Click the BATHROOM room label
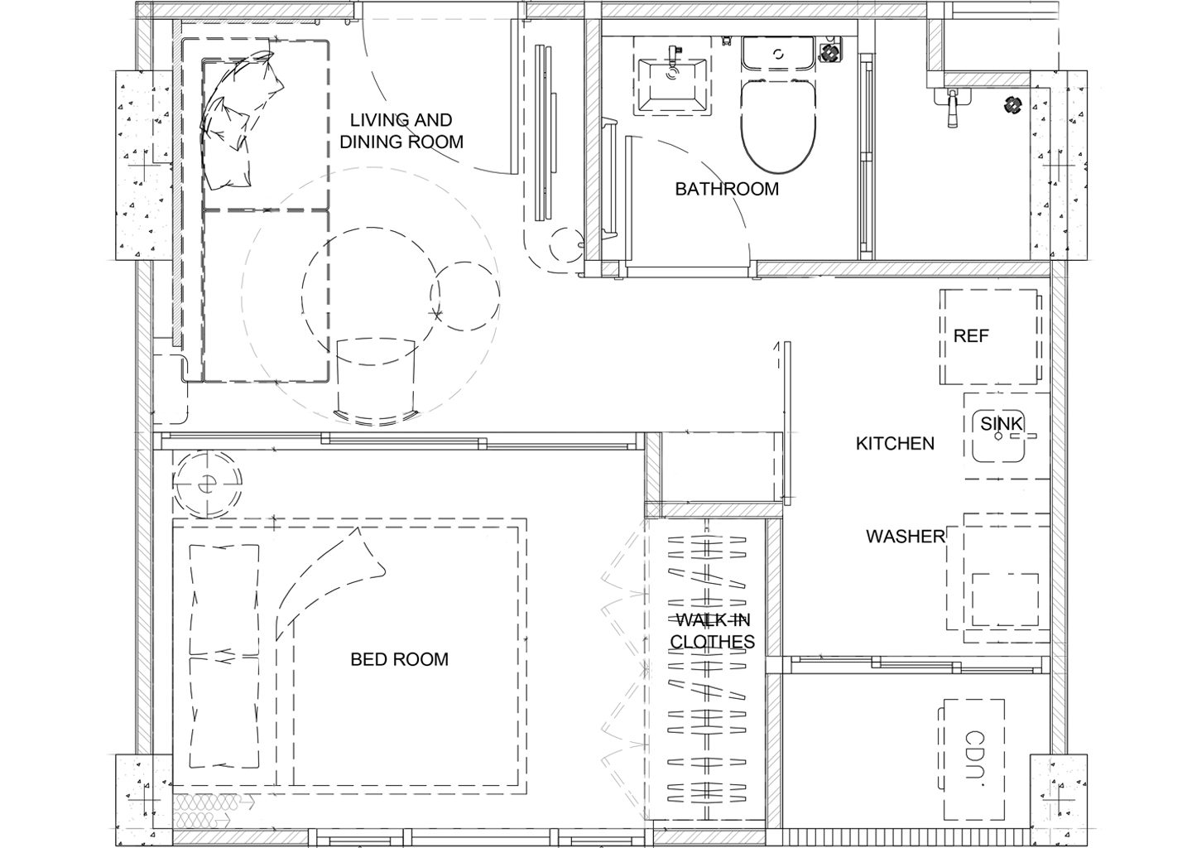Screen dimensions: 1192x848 pyautogui.click(x=727, y=189)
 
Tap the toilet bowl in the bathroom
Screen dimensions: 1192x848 pyautogui.click(x=778, y=127)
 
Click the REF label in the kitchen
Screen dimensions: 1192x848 pyautogui.click(x=971, y=336)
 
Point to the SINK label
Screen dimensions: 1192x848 pyautogui.click(x=1001, y=424)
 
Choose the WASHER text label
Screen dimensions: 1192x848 pyautogui.click(x=906, y=537)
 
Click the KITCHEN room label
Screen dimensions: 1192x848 pyautogui.click(x=895, y=443)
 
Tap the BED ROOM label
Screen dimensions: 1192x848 pyautogui.click(x=399, y=659)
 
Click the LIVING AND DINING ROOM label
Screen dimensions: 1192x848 pyautogui.click(x=401, y=131)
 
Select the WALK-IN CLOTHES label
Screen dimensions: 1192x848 pyautogui.click(x=712, y=631)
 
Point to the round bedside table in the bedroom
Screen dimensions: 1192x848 pyautogui.click(x=208, y=484)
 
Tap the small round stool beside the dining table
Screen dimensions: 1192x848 pyautogui.click(x=465, y=296)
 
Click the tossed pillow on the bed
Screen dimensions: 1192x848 pyautogui.click(x=330, y=583)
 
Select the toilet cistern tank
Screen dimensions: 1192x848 pyautogui.click(x=777, y=53)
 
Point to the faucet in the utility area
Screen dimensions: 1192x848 pyautogui.click(x=953, y=108)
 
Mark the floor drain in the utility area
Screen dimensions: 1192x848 pyautogui.click(x=1012, y=105)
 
